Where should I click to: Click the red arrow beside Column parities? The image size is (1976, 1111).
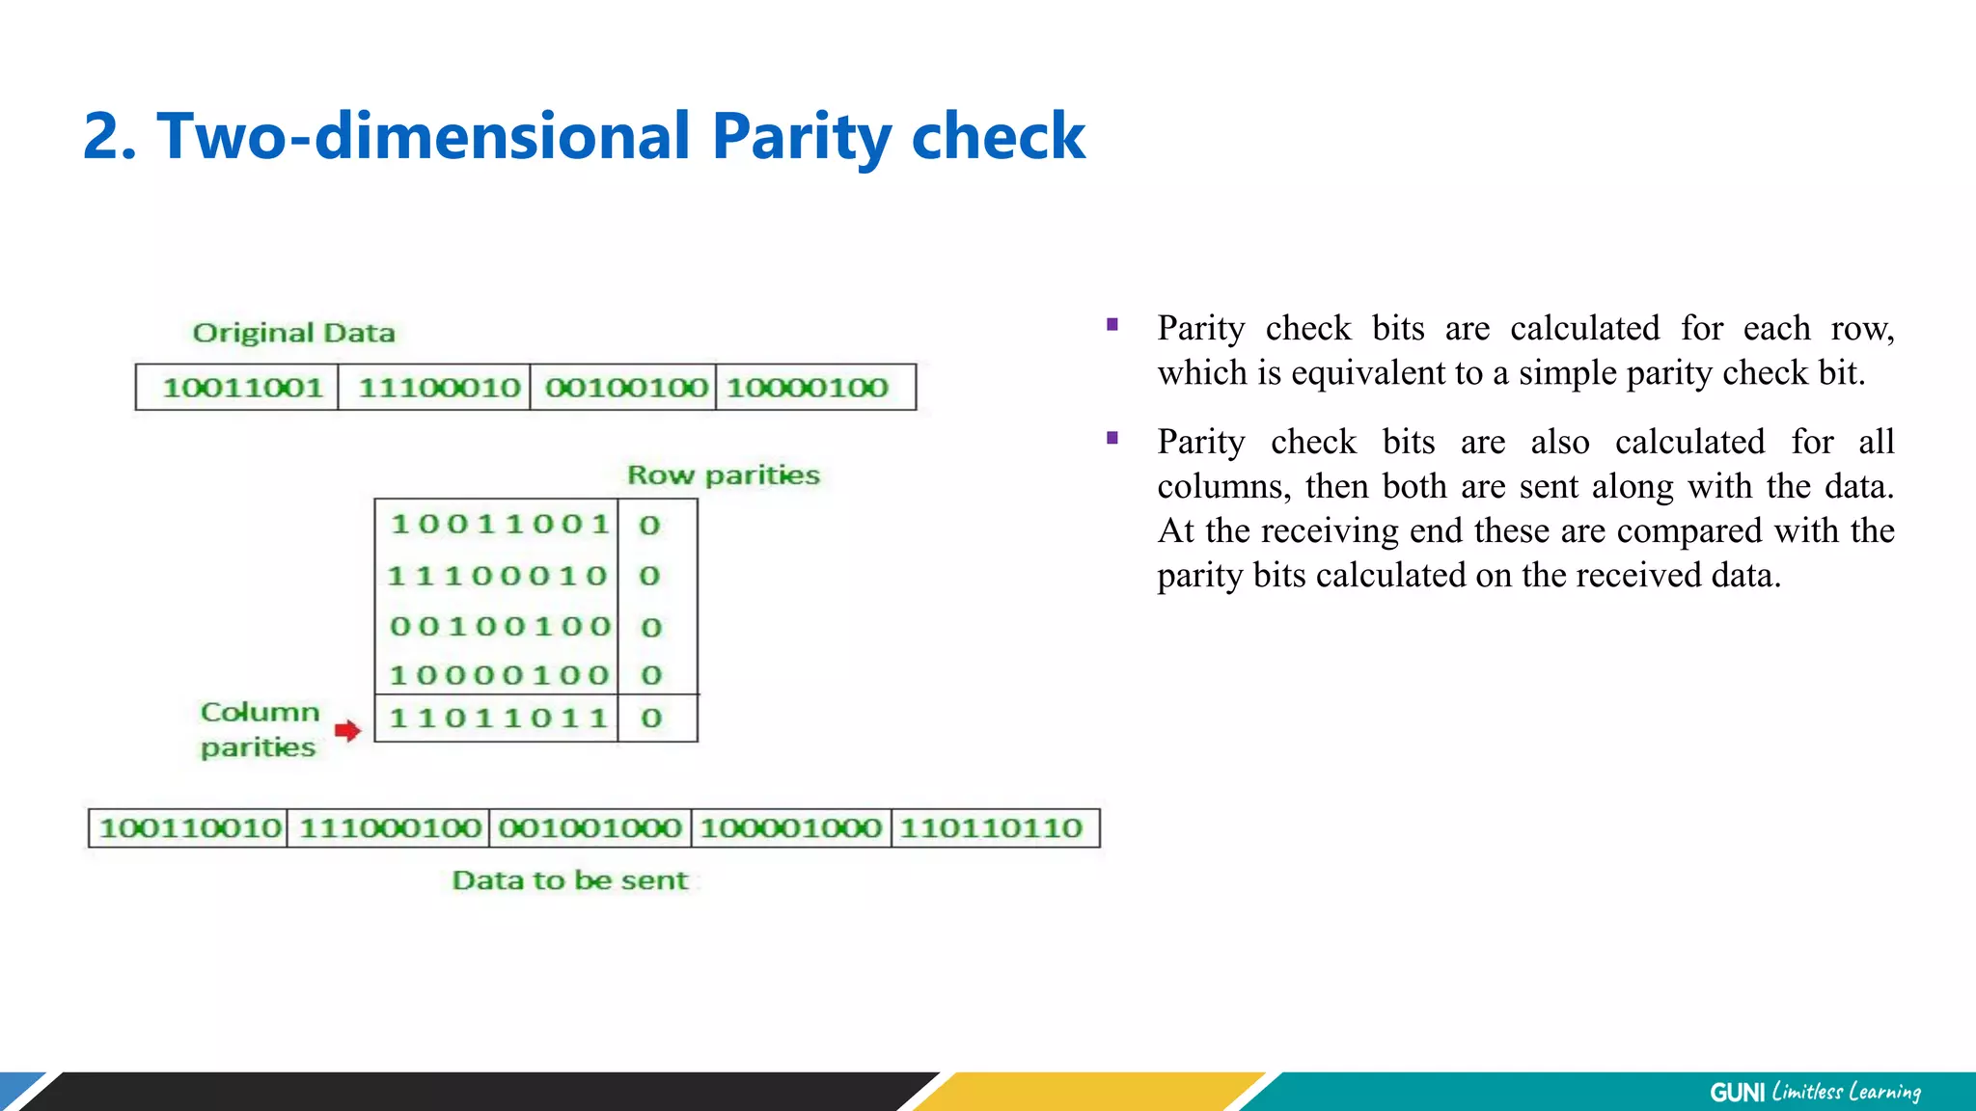[x=347, y=730]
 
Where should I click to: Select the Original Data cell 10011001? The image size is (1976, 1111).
[x=241, y=388]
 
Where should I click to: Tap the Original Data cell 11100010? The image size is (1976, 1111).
[x=439, y=388]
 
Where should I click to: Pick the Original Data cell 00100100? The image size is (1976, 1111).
[x=626, y=388]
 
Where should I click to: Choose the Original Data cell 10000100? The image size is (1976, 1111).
[x=808, y=388]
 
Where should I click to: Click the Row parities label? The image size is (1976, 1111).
[x=723, y=474]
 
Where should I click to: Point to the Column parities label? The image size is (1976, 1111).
[x=259, y=729]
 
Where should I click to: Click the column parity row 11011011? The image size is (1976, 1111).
[x=498, y=718]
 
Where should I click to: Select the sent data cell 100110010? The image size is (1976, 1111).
[x=190, y=828]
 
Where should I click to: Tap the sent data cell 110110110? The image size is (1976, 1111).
[x=991, y=828]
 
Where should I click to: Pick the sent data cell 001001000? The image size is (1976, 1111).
[x=590, y=828]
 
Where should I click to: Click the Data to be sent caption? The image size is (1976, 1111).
[x=569, y=881]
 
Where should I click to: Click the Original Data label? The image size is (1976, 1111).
[x=293, y=333]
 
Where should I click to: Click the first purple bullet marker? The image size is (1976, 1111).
[x=1112, y=325]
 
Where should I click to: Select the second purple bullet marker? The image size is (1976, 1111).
[x=1112, y=439]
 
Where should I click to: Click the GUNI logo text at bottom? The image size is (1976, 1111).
[x=1737, y=1092]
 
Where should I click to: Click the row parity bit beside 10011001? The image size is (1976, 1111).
[x=649, y=526]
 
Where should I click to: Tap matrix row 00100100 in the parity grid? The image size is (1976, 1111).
[x=500, y=627]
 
